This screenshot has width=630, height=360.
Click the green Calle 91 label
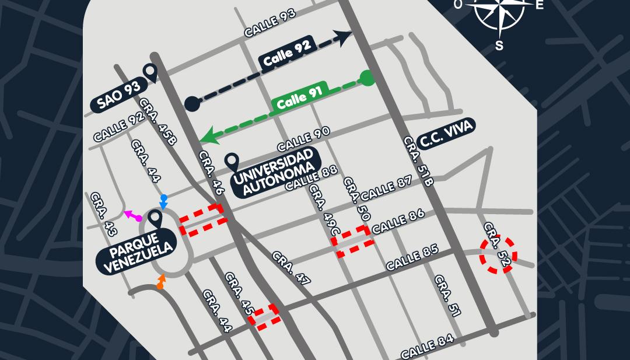[299, 98]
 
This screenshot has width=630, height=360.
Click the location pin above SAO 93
[150, 72]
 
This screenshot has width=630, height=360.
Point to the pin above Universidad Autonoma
[232, 162]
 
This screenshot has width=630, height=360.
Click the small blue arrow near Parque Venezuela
[164, 202]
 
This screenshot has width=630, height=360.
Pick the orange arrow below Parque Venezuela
[161, 282]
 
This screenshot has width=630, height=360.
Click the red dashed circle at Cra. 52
[498, 255]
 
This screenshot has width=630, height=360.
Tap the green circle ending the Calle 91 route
[366, 78]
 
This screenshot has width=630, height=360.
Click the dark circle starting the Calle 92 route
[192, 104]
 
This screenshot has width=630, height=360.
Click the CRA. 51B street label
[419, 161]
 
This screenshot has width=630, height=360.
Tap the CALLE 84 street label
[427, 347]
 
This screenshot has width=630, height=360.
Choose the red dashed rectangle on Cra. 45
[265, 316]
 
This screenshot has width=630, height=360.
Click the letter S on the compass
[499, 46]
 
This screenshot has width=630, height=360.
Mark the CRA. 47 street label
[290, 268]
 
